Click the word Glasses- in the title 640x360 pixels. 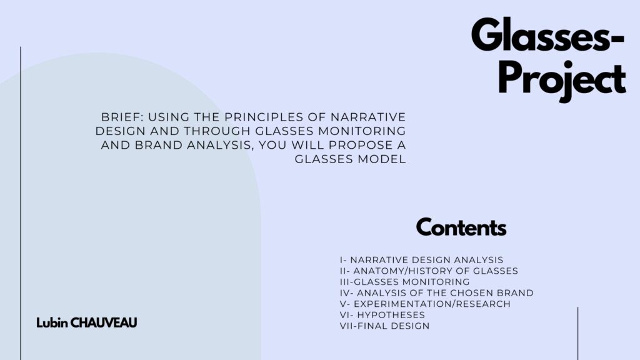click(547, 35)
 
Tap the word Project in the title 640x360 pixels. click(562, 81)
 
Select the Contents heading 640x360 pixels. click(461, 227)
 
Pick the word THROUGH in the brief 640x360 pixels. click(217, 131)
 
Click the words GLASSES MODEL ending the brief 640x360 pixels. click(350, 159)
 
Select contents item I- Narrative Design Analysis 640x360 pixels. click(422, 260)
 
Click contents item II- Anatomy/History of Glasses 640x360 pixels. click(429, 271)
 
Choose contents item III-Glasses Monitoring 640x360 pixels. click(405, 282)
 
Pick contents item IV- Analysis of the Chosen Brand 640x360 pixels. click(437, 293)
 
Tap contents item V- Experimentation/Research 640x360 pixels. click(425, 304)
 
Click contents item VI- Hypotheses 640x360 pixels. click(382, 315)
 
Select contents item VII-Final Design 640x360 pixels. click(385, 326)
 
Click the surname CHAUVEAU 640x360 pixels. click(104, 323)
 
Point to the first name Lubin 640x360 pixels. click(52, 323)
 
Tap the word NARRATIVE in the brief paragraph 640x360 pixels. click(368, 117)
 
